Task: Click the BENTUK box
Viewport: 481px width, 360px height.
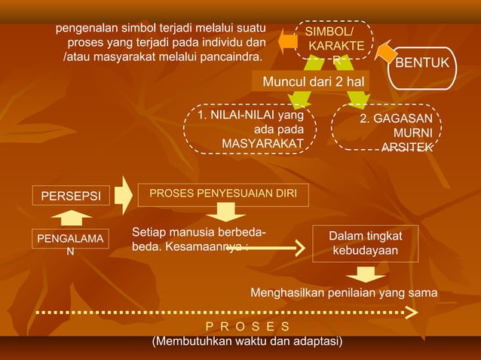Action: (x=422, y=62)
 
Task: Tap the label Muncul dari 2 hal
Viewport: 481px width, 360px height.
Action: (x=311, y=81)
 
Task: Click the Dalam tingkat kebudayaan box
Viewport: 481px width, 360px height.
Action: (x=365, y=243)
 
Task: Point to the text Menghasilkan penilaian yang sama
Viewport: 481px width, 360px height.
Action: (x=343, y=291)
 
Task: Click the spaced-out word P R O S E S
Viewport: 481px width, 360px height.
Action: (x=247, y=326)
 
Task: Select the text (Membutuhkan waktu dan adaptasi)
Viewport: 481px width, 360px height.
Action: (x=247, y=342)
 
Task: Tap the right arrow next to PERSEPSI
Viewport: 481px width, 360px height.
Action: (x=124, y=194)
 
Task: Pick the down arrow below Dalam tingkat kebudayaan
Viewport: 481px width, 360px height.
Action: (x=365, y=273)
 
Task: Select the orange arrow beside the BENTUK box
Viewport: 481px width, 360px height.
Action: (x=386, y=51)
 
